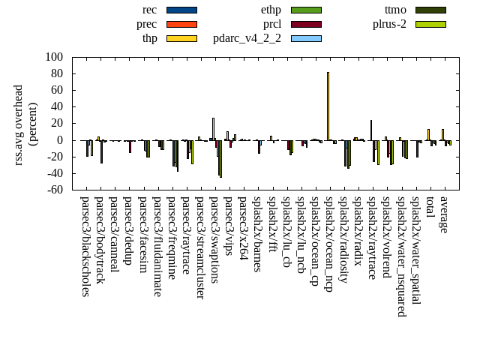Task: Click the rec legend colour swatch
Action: pos(181,10)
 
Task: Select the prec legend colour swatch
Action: pos(181,24)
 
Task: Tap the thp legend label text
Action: pos(150,38)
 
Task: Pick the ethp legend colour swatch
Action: pos(306,10)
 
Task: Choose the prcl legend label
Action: pos(272,24)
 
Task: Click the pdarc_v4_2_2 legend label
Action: pos(247,38)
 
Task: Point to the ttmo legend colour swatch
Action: pos(430,10)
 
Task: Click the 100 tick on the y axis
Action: pos(54,57)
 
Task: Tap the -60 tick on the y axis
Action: pos(54,190)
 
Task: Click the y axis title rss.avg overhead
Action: pos(19,124)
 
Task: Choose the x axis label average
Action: pos(444,214)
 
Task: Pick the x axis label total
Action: pos(430,208)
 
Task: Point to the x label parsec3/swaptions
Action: pos(214,239)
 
